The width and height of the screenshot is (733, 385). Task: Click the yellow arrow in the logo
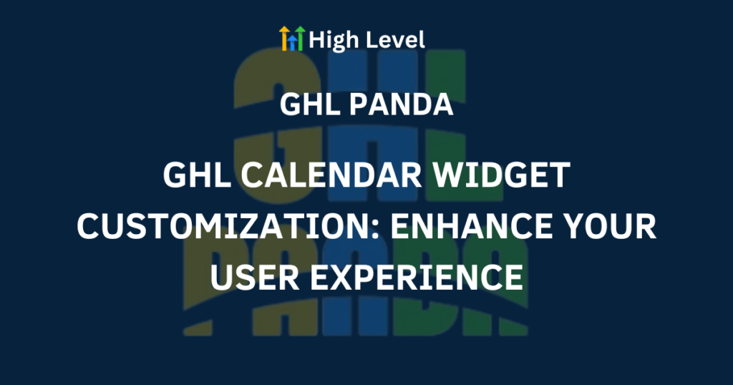pos(283,38)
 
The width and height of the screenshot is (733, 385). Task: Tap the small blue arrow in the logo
pos(292,42)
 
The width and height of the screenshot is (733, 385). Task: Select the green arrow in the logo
pos(300,38)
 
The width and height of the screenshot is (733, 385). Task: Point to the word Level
pos(394,39)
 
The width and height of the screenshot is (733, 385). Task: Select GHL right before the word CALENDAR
pos(197,175)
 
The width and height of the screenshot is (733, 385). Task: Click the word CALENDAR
pos(331,175)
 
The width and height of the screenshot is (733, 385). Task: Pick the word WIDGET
pos(500,175)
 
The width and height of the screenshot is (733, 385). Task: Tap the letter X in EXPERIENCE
pos(344,277)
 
